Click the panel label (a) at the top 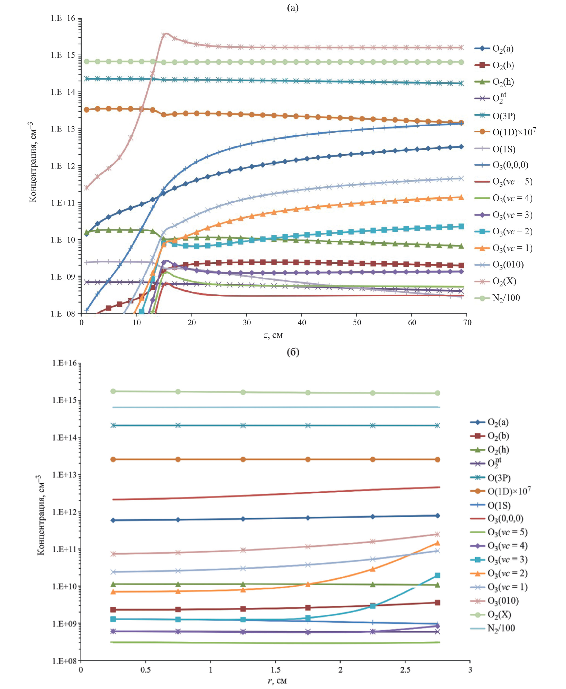292,8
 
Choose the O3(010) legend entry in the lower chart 503,600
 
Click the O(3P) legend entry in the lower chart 499,478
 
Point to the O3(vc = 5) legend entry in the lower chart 507,532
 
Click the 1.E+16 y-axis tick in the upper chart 63,18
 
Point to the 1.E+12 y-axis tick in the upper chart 63,166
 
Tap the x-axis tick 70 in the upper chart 467,323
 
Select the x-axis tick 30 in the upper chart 246,323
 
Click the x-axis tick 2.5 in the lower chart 405,670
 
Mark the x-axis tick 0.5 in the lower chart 145,670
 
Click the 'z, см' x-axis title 273,335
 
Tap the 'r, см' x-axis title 277,681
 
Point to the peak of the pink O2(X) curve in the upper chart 166,33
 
